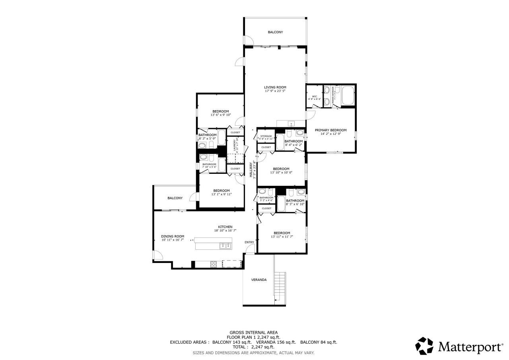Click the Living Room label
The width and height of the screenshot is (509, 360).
[x=275, y=87]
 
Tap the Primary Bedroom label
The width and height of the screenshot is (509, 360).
[x=330, y=130]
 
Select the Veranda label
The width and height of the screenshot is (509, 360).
[x=258, y=280]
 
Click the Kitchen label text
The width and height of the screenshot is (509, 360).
[x=225, y=227]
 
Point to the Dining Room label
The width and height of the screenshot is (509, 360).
[x=173, y=236]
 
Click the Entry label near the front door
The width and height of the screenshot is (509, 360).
[x=249, y=242]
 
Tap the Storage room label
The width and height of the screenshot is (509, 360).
[x=266, y=136]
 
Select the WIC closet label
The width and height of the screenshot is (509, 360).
[x=314, y=96]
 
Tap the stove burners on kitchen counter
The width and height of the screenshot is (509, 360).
[x=213, y=263]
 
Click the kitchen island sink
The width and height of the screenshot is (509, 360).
[x=225, y=246]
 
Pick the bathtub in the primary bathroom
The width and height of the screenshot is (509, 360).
[x=348, y=95]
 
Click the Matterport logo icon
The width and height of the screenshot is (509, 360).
[x=425, y=346]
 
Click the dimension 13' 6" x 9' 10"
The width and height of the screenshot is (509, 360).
[x=220, y=115]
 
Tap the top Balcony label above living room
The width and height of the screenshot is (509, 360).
[x=275, y=32]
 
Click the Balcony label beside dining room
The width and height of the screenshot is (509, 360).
[x=175, y=198]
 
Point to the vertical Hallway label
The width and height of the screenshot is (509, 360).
[x=251, y=169]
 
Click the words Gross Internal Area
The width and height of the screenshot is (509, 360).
[x=254, y=332]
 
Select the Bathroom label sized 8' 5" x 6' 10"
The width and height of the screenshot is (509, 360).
[x=295, y=200]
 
